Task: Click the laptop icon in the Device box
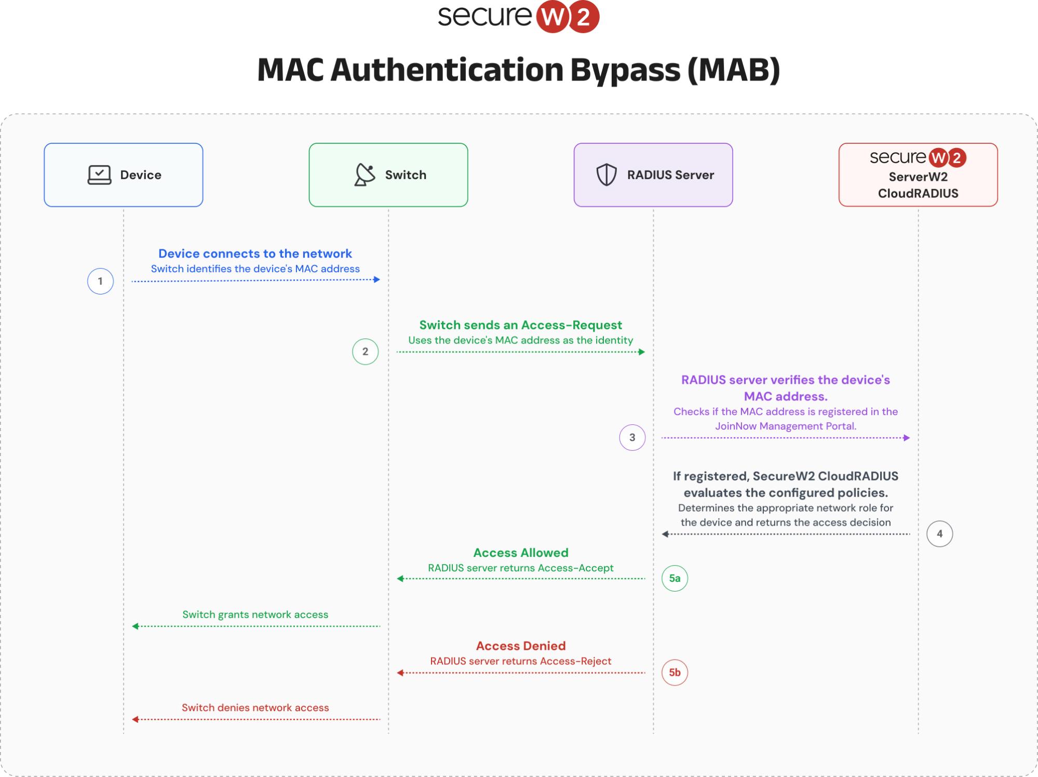coord(99,175)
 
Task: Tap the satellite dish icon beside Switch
coord(365,175)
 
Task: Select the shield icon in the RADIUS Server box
coord(606,175)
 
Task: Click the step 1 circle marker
coord(100,282)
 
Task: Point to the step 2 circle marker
coord(365,352)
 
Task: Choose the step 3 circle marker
coord(632,437)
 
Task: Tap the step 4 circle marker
coord(939,534)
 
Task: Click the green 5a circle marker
coord(675,579)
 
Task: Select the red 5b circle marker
coord(675,673)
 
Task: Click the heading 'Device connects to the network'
coord(255,253)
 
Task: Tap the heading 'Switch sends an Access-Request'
coord(520,325)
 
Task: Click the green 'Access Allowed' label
coord(521,553)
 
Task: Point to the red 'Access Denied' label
coord(521,646)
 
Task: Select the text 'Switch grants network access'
coord(255,614)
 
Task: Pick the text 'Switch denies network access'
coord(255,707)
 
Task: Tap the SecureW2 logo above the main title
coord(519,17)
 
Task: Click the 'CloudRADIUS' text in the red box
coord(918,193)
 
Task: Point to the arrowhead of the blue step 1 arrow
coord(377,280)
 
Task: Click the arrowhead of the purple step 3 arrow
coord(907,438)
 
